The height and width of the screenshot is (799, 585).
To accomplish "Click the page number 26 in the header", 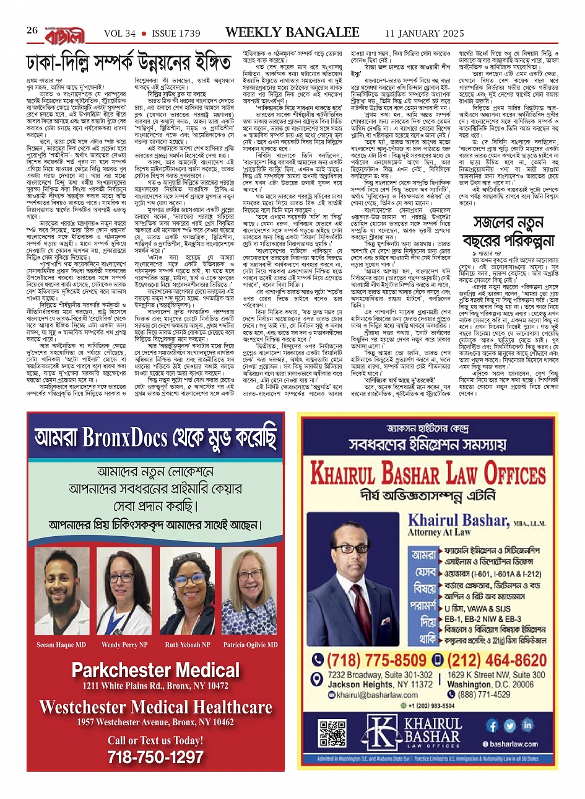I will pyautogui.click(x=33, y=31).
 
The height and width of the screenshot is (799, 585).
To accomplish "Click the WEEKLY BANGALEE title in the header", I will pyautogui.click(x=292, y=32).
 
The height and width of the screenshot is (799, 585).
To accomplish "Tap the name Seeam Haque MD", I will pyautogui.click(x=61, y=645).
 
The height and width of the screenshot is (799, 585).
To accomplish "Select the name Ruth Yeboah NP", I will pyautogui.click(x=188, y=645).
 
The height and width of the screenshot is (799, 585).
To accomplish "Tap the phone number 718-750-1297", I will pyautogui.click(x=155, y=757).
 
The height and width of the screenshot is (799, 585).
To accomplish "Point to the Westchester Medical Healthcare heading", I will pyautogui.click(x=155, y=707).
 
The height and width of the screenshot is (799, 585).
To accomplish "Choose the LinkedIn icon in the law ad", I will pyautogui.click(x=527, y=725).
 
